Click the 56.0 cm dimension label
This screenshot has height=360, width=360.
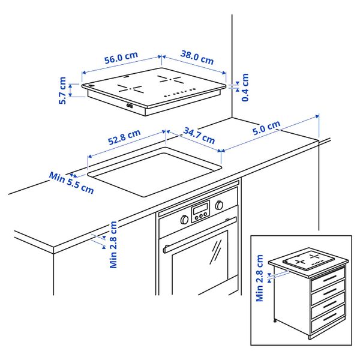click(x=121, y=58)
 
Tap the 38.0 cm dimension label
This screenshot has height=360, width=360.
click(x=197, y=58)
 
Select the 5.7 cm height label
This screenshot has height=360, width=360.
click(x=62, y=91)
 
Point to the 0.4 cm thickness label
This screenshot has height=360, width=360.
click(x=245, y=87)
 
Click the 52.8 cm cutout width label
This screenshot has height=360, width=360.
click(x=124, y=137)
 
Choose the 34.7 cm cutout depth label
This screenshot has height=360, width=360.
click(x=199, y=136)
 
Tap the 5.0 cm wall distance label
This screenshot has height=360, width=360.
click(x=266, y=128)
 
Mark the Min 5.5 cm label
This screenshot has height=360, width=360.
click(x=71, y=183)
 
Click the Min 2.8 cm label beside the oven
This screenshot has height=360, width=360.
click(x=113, y=245)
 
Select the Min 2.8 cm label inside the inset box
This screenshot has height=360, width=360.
click(x=259, y=278)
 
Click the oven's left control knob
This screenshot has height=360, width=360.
click(x=184, y=220)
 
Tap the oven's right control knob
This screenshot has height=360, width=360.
click(x=219, y=205)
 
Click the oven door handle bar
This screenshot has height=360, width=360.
click(x=200, y=235)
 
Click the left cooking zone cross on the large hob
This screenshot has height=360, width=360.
click(x=130, y=88)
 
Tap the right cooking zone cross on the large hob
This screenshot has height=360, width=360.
click(x=170, y=79)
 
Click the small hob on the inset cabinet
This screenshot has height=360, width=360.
click(x=308, y=259)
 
